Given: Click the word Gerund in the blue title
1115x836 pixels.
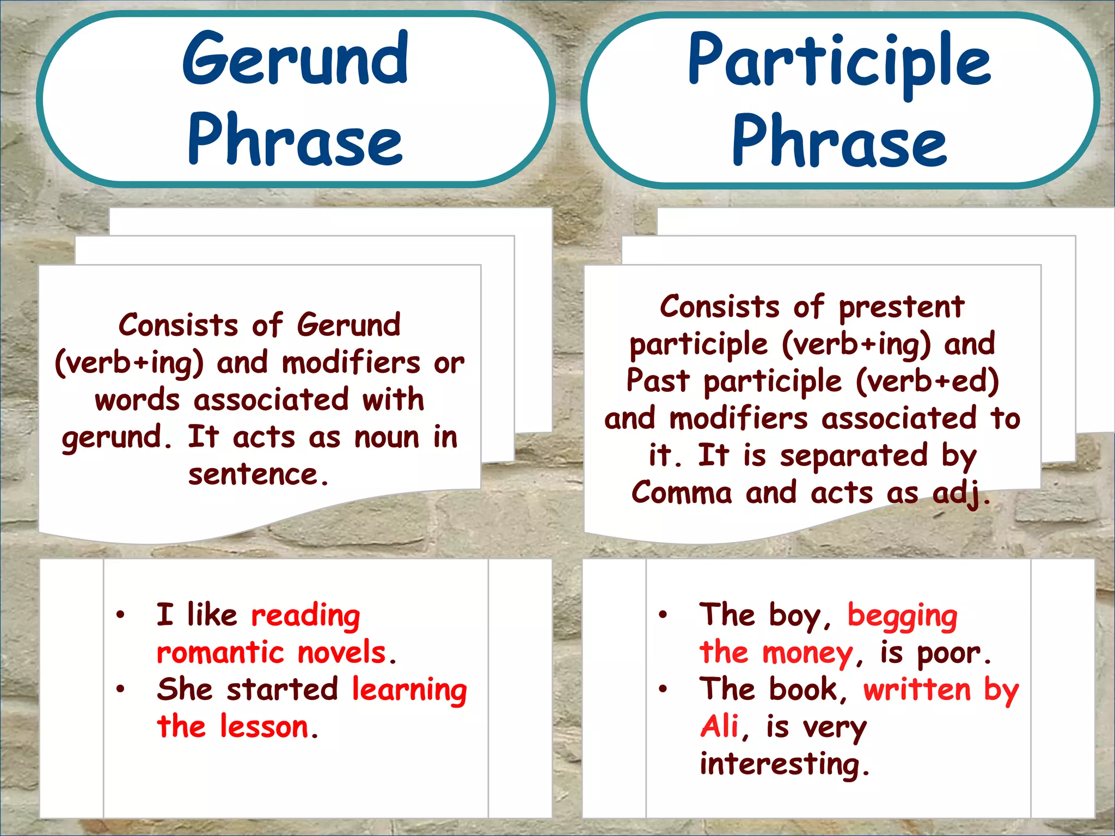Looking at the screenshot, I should [295, 59].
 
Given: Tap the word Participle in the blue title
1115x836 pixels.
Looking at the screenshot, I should [839, 61].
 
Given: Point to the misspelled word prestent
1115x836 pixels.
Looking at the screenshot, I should [901, 307].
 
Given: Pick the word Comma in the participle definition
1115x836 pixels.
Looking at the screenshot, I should [682, 493].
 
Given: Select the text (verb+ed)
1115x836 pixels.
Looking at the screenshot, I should [927, 381].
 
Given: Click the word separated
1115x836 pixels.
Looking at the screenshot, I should [854, 456].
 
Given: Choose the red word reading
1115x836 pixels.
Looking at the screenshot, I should [305, 616].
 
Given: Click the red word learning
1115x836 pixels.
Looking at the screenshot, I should [409, 690].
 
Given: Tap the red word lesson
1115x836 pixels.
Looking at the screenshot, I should [265, 727].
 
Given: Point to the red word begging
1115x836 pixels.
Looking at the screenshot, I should [902, 616].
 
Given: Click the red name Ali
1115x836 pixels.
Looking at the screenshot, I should [719, 727].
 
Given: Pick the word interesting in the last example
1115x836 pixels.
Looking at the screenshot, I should [780, 764].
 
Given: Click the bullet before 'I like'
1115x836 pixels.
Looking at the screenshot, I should [120, 615].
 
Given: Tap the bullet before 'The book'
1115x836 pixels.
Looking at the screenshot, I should [663, 690].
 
